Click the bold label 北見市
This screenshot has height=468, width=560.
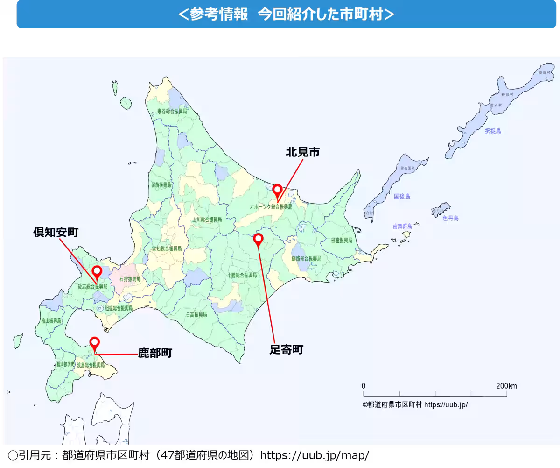(x=302, y=152)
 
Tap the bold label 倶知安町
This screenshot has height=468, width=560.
(x=56, y=232)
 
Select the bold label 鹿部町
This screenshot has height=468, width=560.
(x=155, y=353)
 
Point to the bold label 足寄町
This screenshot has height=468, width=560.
(x=286, y=349)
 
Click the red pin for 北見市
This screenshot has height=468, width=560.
(x=277, y=190)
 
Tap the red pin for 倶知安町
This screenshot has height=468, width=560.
(x=97, y=271)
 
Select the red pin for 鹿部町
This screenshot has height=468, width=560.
(x=94, y=342)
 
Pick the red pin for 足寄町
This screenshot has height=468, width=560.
(x=258, y=240)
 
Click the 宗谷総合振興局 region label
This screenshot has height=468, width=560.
(x=172, y=112)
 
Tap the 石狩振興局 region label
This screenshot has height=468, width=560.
(x=130, y=279)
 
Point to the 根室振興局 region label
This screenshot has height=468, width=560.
(x=341, y=240)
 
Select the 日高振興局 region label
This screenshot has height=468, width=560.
(x=196, y=315)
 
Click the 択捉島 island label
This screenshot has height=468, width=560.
(x=493, y=131)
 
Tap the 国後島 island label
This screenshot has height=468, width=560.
(x=402, y=197)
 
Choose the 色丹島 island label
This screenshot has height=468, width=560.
(x=450, y=218)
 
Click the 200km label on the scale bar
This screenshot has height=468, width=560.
(x=506, y=386)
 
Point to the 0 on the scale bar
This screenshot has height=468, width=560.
(x=364, y=386)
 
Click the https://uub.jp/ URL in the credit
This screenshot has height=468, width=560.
(x=446, y=405)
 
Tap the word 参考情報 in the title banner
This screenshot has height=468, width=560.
(x=219, y=14)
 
